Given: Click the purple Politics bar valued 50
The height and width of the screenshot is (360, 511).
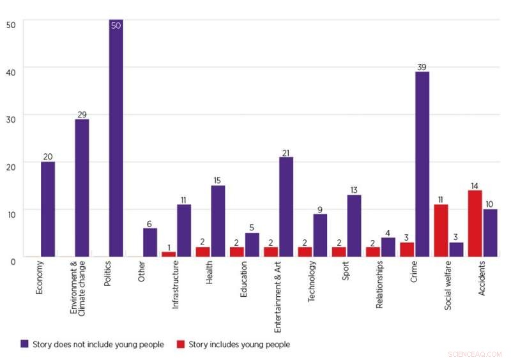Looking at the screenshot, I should tap(116, 138).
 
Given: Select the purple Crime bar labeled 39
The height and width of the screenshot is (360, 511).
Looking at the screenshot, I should tap(422, 164).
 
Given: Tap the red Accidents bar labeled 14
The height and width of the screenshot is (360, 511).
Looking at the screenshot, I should tap(475, 223).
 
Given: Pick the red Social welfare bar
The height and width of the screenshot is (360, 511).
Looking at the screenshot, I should tap(441, 230).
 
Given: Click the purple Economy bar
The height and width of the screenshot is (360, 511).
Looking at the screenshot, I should tap(48, 209).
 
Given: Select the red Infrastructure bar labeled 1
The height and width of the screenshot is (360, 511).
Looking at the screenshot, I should tap(169, 254).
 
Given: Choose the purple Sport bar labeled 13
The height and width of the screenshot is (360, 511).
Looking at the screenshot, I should tap(354, 225).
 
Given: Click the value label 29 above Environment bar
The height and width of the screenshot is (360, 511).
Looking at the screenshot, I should tap(82, 114).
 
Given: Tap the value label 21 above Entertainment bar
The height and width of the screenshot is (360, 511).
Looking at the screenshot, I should tap(286, 152).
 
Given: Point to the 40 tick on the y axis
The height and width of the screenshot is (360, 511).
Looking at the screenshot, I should tap(11, 68).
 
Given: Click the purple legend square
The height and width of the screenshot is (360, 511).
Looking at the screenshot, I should tap(24, 344).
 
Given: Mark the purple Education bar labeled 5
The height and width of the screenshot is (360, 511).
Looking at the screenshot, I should tap(252, 244).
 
